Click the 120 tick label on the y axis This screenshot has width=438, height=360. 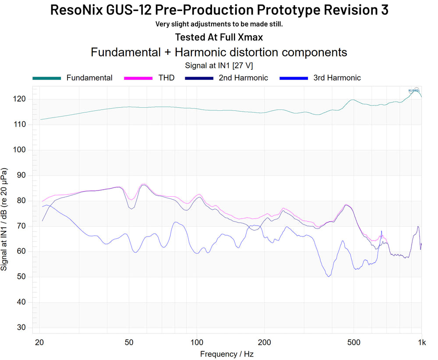(20, 99)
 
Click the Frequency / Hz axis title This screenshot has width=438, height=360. (227, 354)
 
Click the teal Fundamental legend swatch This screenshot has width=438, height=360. (46, 78)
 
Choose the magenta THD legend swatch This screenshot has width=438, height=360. (138, 78)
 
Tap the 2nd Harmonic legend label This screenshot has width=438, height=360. (243, 78)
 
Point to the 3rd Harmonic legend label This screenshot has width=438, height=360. (337, 78)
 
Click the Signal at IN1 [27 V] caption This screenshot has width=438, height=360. (219, 65)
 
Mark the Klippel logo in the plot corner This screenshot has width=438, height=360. (414, 91)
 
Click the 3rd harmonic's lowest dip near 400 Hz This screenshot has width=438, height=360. (328, 276)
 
